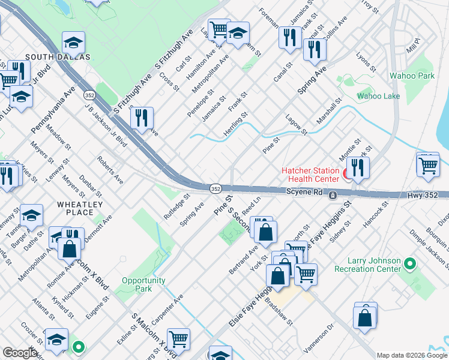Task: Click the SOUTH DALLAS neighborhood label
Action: [x=58, y=57]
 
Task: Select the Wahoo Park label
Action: [x=411, y=76]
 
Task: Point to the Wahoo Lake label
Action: [x=378, y=96]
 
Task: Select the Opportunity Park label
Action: [x=143, y=284]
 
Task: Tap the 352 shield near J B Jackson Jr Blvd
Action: [x=89, y=95]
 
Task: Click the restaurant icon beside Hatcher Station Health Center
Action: [x=358, y=167]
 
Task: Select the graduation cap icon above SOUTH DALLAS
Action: [x=73, y=43]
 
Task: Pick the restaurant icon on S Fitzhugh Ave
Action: [x=142, y=118]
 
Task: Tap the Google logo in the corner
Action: [x=20, y=353]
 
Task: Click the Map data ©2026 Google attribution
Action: [x=412, y=355]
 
